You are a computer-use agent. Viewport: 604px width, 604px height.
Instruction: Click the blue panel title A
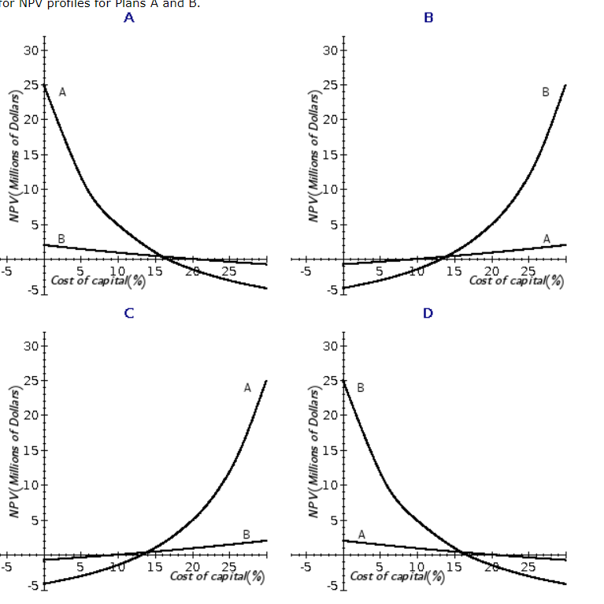[x=129, y=18]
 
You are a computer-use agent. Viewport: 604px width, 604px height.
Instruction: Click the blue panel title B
[x=428, y=18]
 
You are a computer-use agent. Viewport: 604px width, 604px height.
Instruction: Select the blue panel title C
[x=129, y=313]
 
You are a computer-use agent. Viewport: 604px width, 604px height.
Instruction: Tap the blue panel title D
[x=428, y=313]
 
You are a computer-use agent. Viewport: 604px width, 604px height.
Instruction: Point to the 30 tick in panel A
[x=31, y=50]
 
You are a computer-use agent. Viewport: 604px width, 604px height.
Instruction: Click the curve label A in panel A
[x=62, y=92]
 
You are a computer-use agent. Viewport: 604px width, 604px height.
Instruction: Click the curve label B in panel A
[x=61, y=238]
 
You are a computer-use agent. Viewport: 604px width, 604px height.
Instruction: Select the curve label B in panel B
[x=545, y=92]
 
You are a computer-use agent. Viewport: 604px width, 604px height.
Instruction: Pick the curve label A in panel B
[x=547, y=238]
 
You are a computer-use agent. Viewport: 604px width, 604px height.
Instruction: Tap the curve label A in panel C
[x=247, y=387]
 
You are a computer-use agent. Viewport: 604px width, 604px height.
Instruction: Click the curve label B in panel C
[x=246, y=534]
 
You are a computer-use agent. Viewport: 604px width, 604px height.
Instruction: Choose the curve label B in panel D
[x=361, y=387]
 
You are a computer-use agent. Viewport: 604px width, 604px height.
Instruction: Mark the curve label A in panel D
[x=361, y=534]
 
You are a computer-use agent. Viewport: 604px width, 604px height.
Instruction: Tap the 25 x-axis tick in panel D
[x=528, y=566]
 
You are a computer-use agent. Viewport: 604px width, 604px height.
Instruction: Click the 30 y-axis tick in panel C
[x=31, y=345]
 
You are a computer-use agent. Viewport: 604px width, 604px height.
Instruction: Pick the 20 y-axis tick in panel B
[x=330, y=120]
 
